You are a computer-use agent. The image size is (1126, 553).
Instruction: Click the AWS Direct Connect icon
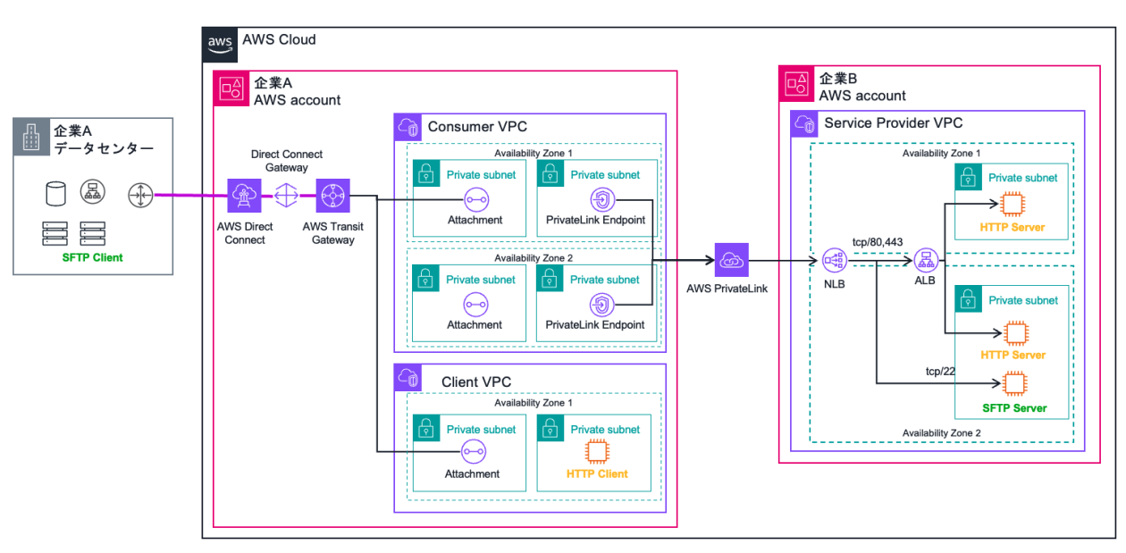tap(243, 194)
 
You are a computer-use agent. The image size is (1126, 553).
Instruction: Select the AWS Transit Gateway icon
tap(333, 194)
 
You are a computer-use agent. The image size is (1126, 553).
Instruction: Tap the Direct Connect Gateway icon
tap(288, 194)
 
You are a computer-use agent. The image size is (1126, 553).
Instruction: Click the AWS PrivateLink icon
tap(731, 260)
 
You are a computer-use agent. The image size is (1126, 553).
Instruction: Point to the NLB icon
tap(833, 260)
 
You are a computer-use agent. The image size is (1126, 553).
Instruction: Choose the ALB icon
tap(926, 260)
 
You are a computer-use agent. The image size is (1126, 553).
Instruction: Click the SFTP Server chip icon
tap(1013, 384)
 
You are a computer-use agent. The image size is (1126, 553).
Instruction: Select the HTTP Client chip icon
tap(593, 451)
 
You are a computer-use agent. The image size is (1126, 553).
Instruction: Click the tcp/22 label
tap(941, 370)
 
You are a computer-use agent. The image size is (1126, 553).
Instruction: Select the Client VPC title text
tap(476, 381)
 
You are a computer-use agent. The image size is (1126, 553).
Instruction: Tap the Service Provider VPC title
tap(893, 123)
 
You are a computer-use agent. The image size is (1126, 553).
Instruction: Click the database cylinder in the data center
tap(55, 192)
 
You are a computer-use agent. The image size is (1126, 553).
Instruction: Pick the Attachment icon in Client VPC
tap(474, 452)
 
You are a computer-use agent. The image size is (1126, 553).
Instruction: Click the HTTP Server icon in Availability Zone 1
tap(1013, 205)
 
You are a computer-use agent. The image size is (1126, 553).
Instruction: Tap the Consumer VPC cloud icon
tap(408, 126)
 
